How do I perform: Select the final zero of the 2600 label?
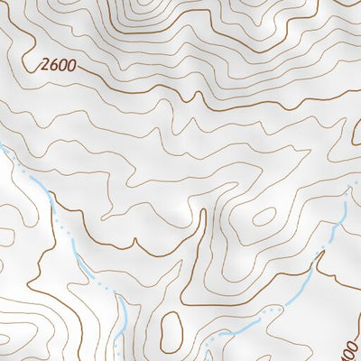tap(68, 66)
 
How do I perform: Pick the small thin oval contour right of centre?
tap(264, 217)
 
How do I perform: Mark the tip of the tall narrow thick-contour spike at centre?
tap(203, 211)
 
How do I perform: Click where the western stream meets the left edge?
tap(2, 145)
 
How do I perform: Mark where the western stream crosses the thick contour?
tap(65, 236)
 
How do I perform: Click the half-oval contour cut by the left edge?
tap(5, 237)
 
